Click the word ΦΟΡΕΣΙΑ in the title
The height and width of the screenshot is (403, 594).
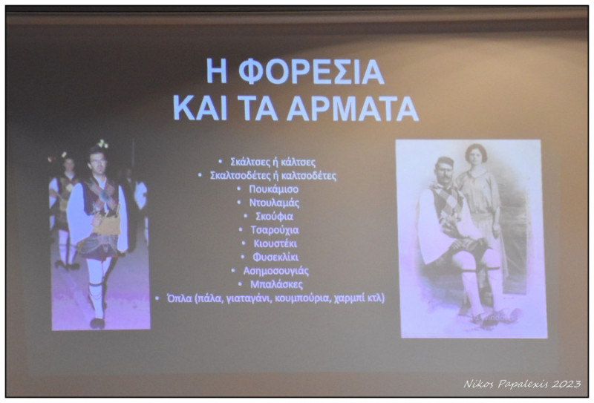coord(311,72)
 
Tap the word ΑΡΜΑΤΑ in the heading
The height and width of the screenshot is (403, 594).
coord(352,108)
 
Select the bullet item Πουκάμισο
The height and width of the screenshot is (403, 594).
coord(273,189)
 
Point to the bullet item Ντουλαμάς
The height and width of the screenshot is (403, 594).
coord(274,203)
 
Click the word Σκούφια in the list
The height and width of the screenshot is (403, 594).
coord(274,216)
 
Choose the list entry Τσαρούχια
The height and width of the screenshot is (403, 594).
coord(274,230)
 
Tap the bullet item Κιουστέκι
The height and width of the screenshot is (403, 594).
coord(275,243)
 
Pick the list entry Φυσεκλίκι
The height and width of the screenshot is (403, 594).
coord(275,258)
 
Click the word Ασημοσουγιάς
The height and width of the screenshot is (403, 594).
coord(275,271)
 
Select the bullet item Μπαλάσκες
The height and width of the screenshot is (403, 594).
coord(276,284)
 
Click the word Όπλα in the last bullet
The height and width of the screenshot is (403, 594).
coord(180,298)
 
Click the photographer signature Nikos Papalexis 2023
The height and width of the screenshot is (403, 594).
coord(522,384)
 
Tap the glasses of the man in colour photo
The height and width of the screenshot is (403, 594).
coord(98,161)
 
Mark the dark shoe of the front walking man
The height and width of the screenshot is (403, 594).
coord(97,323)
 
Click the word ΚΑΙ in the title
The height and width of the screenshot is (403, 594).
coord(200,108)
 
